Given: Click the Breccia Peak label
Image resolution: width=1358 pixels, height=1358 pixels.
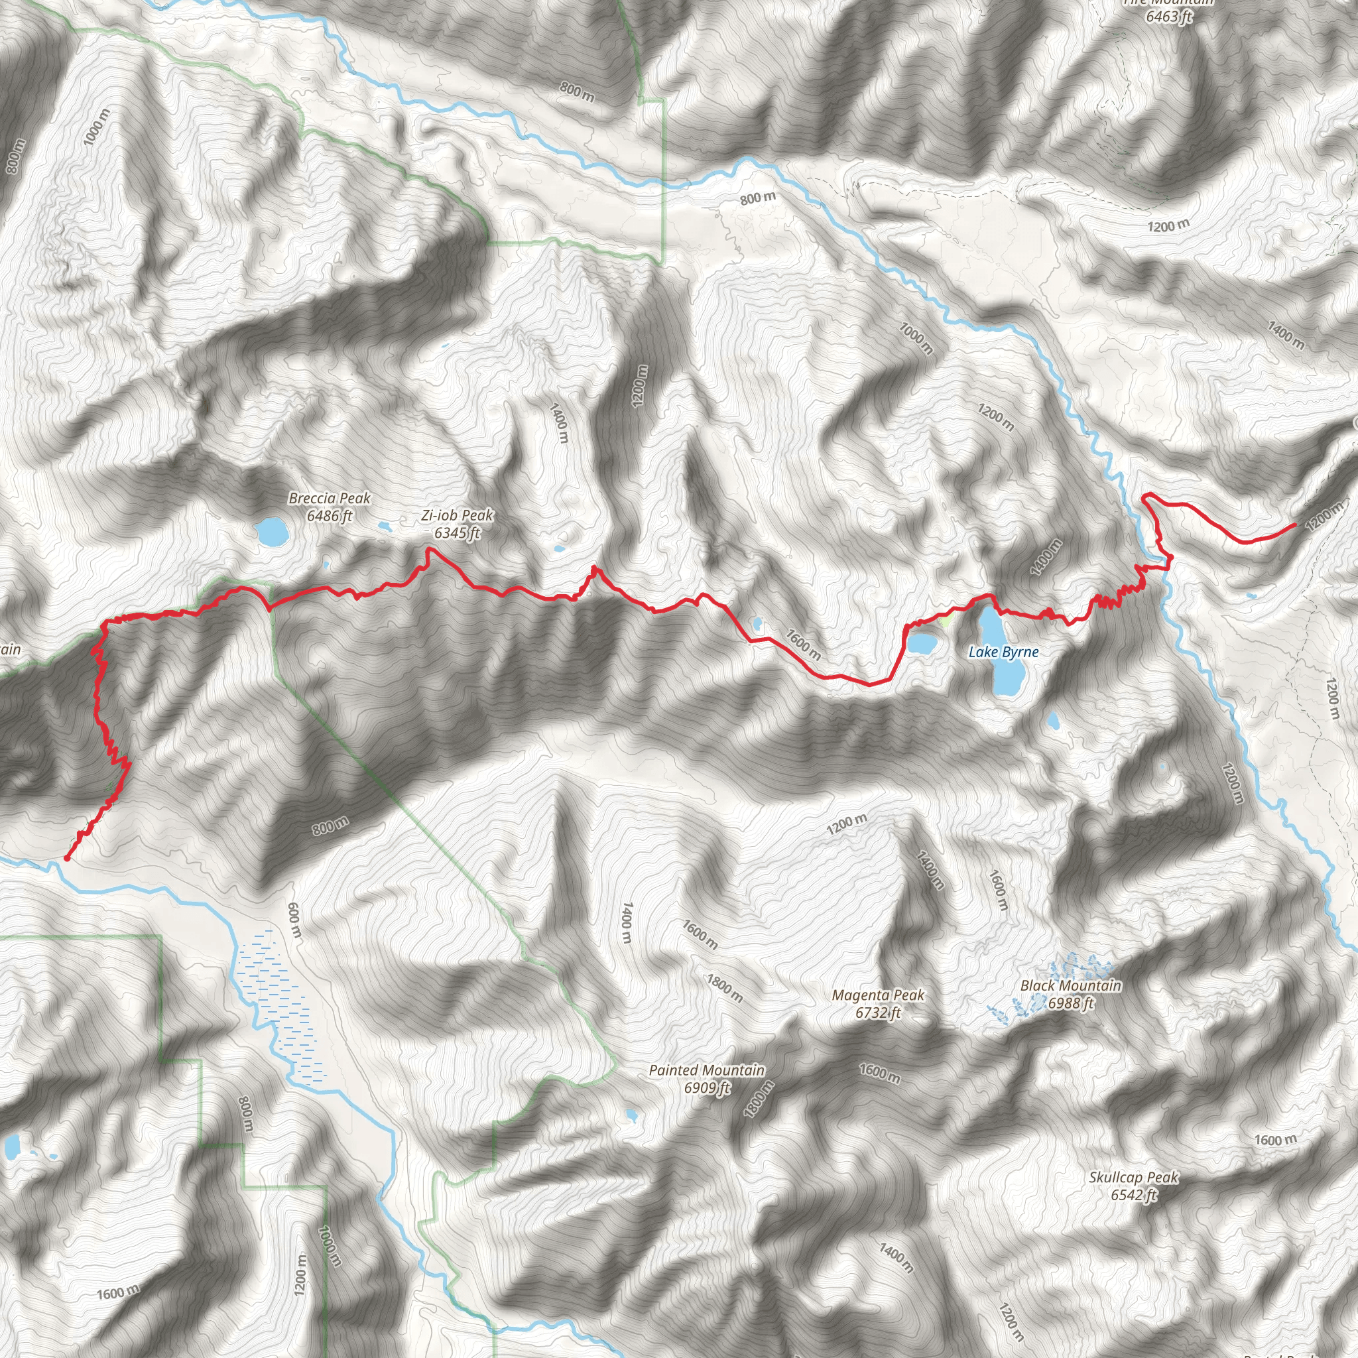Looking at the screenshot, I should point(329,499).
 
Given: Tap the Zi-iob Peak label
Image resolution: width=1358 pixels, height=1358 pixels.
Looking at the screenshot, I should point(458,516).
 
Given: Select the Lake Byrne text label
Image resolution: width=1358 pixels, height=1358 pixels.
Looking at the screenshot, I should point(1003,652).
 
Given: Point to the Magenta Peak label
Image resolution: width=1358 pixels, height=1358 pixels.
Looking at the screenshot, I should point(878,995).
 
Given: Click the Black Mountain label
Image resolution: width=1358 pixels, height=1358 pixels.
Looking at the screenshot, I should point(1070,985).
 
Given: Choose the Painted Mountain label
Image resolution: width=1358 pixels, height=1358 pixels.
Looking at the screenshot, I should point(706,1070).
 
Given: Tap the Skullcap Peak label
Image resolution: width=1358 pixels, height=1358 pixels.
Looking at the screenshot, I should point(1134,1177).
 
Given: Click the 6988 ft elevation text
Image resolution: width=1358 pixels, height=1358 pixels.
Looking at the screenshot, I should point(1070,1003).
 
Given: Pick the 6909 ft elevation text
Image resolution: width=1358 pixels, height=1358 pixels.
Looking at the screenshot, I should point(707,1087).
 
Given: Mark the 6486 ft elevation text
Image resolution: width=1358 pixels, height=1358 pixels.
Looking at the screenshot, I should point(329,516).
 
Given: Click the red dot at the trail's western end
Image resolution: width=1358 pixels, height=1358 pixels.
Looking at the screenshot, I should point(67,858).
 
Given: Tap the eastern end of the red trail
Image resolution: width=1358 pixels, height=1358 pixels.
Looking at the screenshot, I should point(1295,525).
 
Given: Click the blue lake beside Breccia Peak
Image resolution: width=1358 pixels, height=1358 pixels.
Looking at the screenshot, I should point(271,532).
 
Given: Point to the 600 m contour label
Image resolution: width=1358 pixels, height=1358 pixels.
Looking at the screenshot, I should point(294,921).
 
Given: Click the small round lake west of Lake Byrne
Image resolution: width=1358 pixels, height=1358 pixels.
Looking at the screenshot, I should point(922,643).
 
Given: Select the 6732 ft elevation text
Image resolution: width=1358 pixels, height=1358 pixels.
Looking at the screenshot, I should point(878,1013).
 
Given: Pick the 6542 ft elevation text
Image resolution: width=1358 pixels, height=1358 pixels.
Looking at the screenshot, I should point(1134,1194).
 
